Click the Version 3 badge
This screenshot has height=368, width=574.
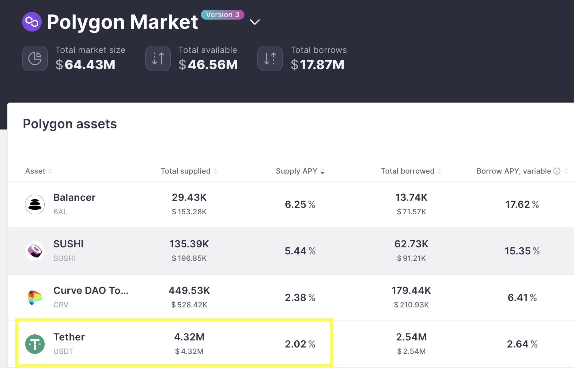click(x=222, y=15)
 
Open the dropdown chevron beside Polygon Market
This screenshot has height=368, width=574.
click(x=255, y=22)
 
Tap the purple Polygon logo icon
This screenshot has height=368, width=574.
click(x=32, y=22)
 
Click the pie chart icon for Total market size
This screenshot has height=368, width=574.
click(x=35, y=58)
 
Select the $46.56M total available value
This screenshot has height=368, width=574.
click(x=208, y=65)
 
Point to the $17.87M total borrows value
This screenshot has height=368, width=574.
click(x=317, y=65)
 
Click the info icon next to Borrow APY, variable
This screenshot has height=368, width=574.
click(x=557, y=171)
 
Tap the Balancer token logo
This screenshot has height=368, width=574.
click(x=35, y=205)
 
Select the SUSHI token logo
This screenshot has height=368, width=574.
click(x=35, y=251)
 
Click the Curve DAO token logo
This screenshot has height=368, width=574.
click(x=35, y=298)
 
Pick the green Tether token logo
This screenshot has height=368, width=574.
click(x=35, y=344)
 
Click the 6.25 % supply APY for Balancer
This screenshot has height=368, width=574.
click(x=300, y=205)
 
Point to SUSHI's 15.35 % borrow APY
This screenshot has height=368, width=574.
click(x=522, y=251)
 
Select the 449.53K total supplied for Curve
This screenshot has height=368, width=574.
click(x=189, y=291)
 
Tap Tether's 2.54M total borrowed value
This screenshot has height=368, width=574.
click(x=411, y=337)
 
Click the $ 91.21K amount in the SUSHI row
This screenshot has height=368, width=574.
click(x=411, y=258)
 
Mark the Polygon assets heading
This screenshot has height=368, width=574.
click(x=70, y=124)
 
